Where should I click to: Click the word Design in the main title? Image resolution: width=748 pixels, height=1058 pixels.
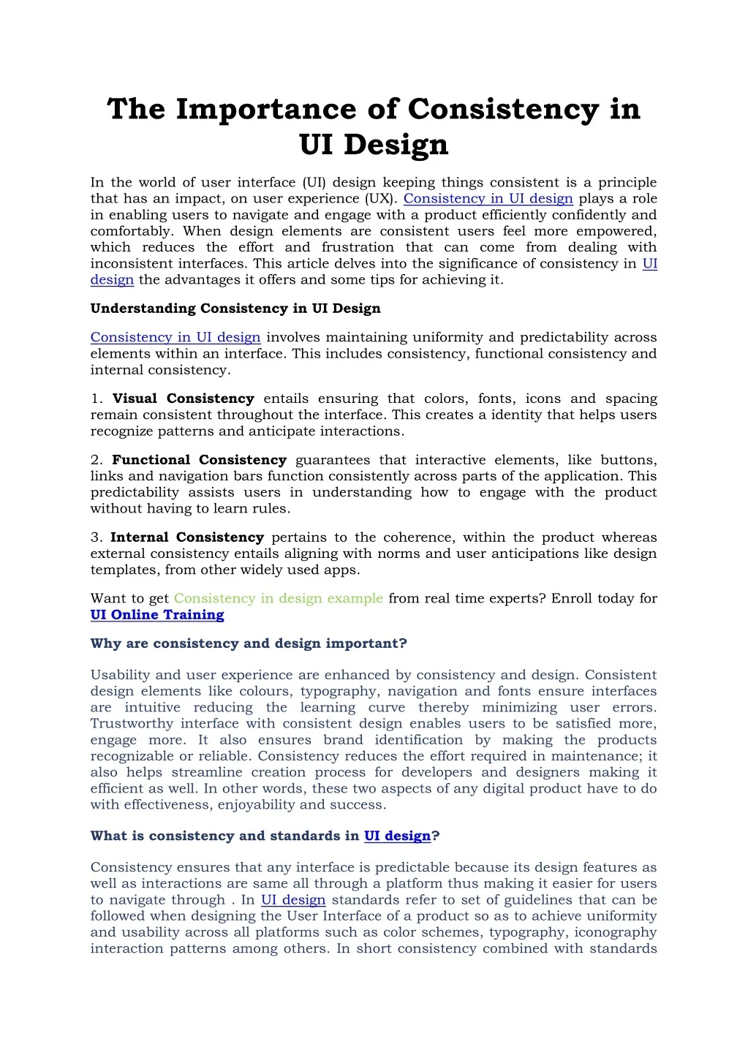coord(396,145)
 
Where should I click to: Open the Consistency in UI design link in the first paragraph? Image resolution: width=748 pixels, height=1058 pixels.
coord(488,199)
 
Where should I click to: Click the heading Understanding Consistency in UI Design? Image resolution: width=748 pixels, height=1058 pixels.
coord(235,309)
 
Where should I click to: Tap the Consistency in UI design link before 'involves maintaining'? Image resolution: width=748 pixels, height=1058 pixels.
coord(175,337)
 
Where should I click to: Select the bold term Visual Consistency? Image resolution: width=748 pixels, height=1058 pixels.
coord(183,398)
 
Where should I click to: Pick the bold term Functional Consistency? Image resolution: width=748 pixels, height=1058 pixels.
coord(199,460)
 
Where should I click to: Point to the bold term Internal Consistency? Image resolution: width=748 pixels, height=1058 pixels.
coord(187,537)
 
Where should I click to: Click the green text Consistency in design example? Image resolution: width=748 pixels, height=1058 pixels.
coord(278,598)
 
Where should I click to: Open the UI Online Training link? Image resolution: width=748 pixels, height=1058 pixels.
coord(157,615)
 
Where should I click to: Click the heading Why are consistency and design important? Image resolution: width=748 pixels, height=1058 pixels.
coord(249,643)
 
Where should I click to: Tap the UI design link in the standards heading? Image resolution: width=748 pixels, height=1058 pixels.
coord(397,836)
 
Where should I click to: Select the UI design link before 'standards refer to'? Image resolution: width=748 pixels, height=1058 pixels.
coord(293,900)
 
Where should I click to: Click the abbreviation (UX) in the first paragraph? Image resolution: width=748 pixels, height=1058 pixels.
coord(380,199)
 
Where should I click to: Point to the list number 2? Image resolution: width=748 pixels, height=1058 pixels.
coord(97,460)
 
